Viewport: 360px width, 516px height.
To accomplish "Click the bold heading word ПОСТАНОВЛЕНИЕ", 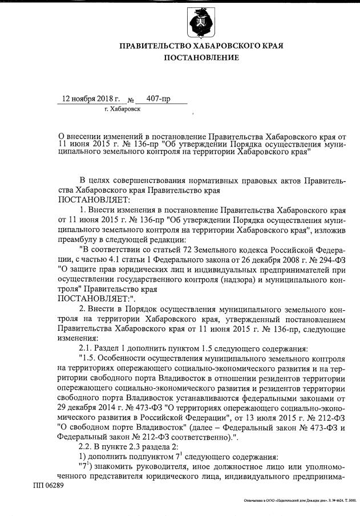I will click(x=202, y=58).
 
